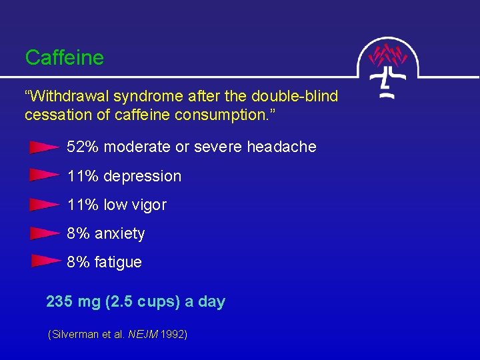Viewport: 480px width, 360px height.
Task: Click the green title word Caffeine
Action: [x=65, y=58]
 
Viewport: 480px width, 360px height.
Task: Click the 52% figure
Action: [x=83, y=147]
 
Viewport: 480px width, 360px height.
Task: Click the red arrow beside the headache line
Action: [x=45, y=147]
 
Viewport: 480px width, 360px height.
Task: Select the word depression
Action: [x=143, y=176]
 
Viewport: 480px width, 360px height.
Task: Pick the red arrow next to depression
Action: [x=45, y=175]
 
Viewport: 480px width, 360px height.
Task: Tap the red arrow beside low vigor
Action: [x=45, y=204]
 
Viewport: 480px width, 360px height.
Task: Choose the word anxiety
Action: [x=120, y=234]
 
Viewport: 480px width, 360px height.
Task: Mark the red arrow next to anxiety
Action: [x=45, y=233]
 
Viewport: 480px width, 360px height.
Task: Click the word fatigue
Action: [x=118, y=263]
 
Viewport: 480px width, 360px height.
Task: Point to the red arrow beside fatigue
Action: [x=45, y=261]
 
